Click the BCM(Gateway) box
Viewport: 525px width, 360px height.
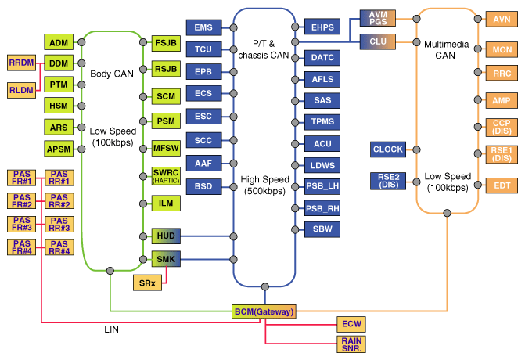[x=264, y=311]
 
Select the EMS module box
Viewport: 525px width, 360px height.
[x=203, y=27]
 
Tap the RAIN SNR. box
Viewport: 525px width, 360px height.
[x=352, y=344]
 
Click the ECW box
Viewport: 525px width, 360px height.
[x=352, y=324]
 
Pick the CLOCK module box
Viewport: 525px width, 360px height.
[x=387, y=149]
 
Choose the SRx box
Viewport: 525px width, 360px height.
[x=148, y=283]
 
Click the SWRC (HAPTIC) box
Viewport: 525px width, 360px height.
[x=167, y=177]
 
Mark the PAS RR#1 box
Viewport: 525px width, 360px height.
[x=59, y=178]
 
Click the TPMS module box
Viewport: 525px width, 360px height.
[x=322, y=122]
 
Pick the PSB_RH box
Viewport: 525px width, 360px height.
[x=322, y=208]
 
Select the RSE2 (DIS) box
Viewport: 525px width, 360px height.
[x=387, y=182]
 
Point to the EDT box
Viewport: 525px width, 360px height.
[x=501, y=185]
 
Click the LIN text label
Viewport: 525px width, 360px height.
[x=112, y=329]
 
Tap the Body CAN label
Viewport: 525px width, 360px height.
[x=112, y=74]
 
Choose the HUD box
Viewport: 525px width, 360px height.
[x=167, y=236]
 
